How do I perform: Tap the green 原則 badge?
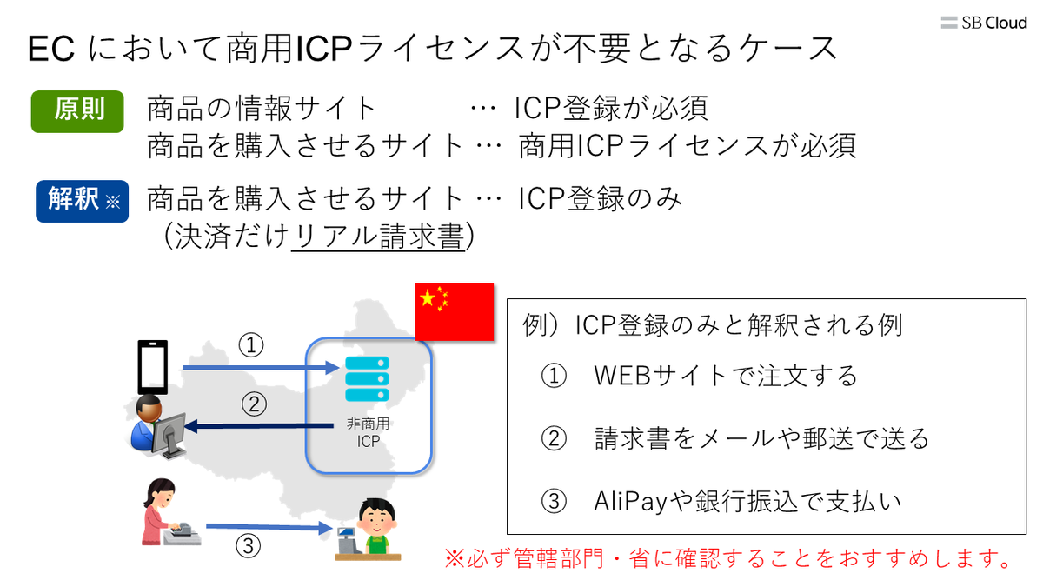(77, 110)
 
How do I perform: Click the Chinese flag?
(454, 310)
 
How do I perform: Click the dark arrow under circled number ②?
(260, 425)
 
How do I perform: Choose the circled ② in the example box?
(554, 439)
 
